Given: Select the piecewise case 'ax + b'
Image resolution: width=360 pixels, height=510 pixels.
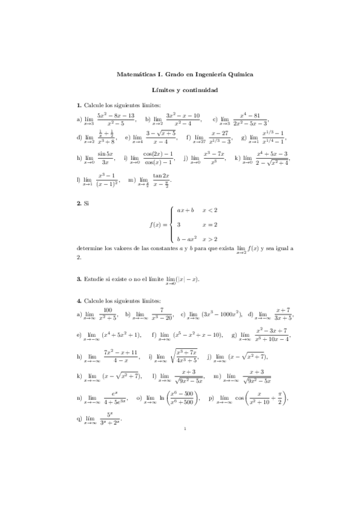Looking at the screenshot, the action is click(x=185, y=210).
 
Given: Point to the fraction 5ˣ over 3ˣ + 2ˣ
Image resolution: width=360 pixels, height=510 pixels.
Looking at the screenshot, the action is click(x=109, y=419).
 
